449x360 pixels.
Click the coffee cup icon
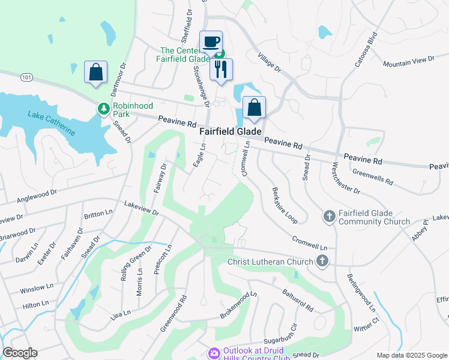pos(210,41)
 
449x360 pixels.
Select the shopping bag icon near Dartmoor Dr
pos(95,72)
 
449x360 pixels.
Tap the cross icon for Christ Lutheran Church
pos(322,261)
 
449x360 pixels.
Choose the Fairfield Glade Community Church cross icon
pos(329,216)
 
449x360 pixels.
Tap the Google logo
pos(20,353)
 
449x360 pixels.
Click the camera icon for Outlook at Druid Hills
pos(214,353)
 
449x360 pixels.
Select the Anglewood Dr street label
pos(36,193)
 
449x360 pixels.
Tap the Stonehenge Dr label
pos(200,86)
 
